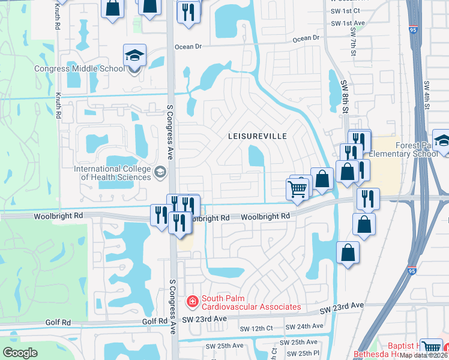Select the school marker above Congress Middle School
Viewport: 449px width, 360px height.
click(134, 56)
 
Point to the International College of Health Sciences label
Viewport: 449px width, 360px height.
click(112, 173)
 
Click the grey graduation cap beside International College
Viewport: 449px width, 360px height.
click(160, 173)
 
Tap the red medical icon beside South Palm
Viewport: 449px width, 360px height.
click(193, 301)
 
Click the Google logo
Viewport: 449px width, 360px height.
click(20, 353)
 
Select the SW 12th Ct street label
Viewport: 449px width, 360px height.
click(256, 328)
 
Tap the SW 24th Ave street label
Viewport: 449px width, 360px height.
click(305, 326)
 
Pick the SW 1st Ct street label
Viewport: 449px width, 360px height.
click(345, 11)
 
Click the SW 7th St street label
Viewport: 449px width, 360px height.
click(352, 45)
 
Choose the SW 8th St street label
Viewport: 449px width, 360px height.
click(345, 96)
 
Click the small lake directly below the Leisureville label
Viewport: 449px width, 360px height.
click(256, 158)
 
